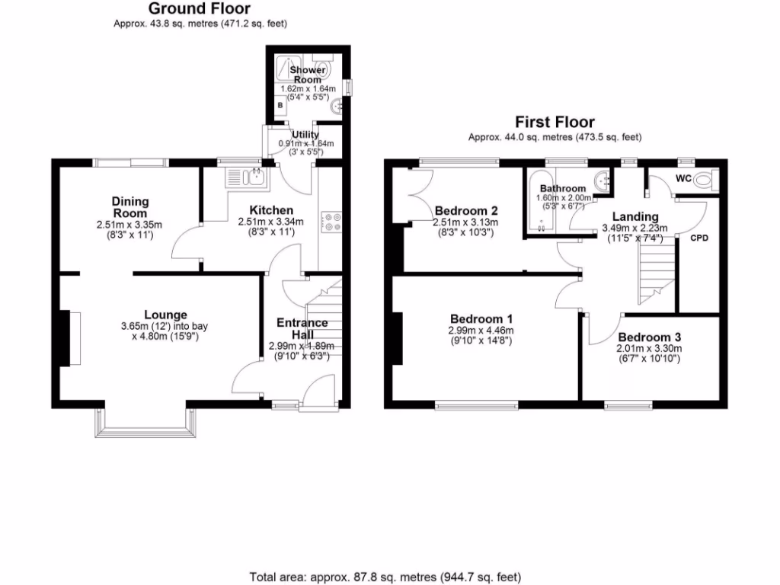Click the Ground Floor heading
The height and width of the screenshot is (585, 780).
click(x=199, y=9)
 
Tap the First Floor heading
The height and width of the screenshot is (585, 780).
click(x=555, y=122)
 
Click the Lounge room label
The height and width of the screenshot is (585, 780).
click(x=165, y=315)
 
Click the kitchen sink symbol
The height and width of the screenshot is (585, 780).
click(x=245, y=179)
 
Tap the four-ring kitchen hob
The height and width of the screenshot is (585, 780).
click(x=332, y=221)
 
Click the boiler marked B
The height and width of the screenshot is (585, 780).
click(x=280, y=104)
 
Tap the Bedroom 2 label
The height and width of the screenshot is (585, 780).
click(x=466, y=210)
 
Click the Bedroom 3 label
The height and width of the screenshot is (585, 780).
click(x=649, y=337)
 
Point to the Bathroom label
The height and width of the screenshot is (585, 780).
click(x=563, y=188)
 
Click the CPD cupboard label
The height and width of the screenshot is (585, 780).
click(x=699, y=238)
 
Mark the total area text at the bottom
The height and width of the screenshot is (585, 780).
click(x=385, y=577)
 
